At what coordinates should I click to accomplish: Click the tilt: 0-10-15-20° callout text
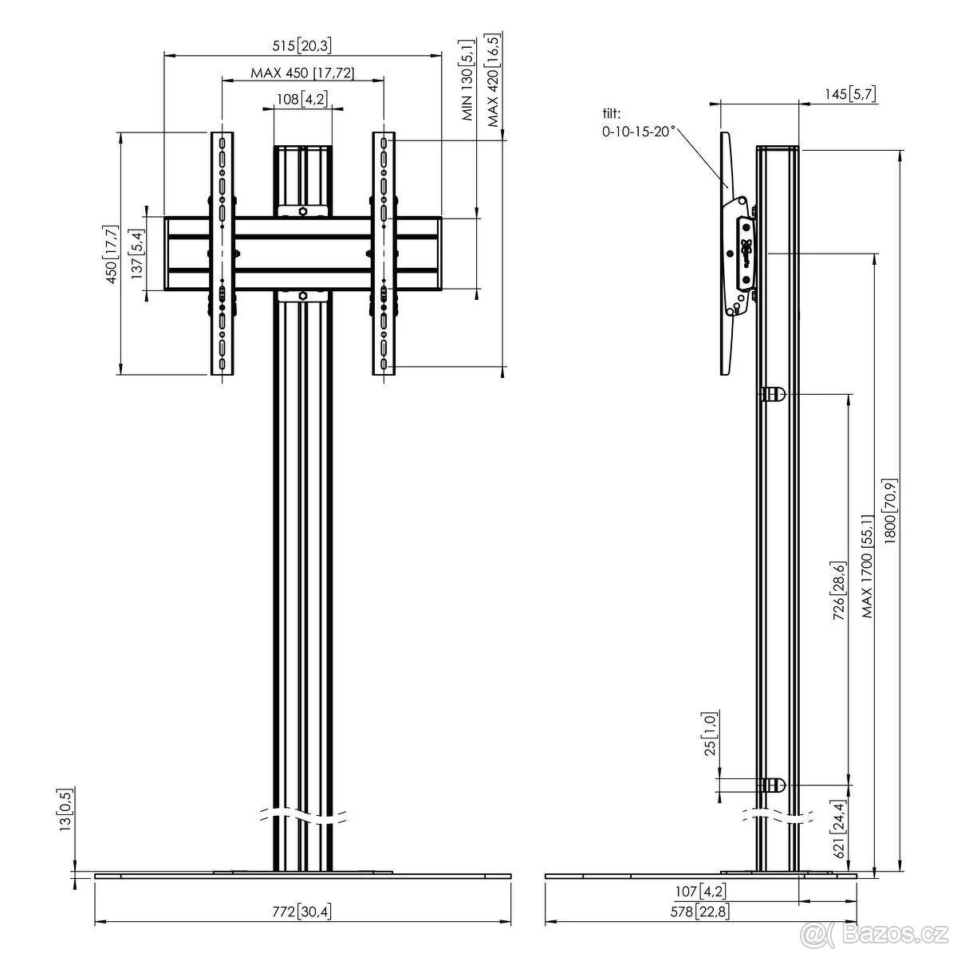638,121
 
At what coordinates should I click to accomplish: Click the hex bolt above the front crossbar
303,211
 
